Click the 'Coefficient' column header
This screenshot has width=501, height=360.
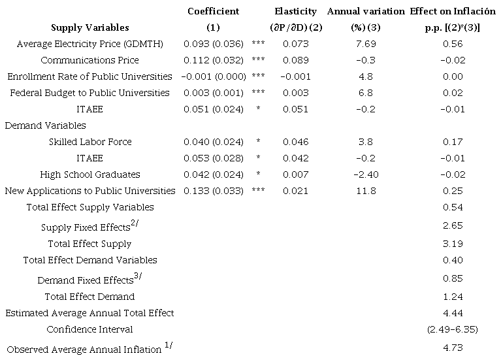point(213,11)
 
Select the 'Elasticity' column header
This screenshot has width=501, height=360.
point(295,11)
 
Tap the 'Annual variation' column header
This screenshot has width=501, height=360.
point(366,11)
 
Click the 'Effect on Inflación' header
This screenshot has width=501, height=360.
point(452,11)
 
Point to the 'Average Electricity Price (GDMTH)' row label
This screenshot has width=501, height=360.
point(90,44)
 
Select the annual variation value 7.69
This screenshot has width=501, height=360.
point(366,44)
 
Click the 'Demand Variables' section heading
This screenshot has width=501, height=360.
point(45,125)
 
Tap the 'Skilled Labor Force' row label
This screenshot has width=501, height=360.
point(90,142)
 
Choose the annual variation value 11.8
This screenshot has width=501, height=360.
point(366,191)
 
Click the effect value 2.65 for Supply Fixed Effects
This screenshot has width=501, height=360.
point(452,225)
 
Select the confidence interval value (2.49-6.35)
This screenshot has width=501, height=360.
point(452,329)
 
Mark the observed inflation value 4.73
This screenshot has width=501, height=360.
point(452,348)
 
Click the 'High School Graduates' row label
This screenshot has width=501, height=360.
point(90,174)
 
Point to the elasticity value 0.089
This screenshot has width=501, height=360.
point(295,60)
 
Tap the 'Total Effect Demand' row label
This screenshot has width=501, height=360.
point(90,297)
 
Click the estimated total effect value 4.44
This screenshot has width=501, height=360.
point(452,313)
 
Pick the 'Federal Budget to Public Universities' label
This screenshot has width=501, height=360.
point(90,93)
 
